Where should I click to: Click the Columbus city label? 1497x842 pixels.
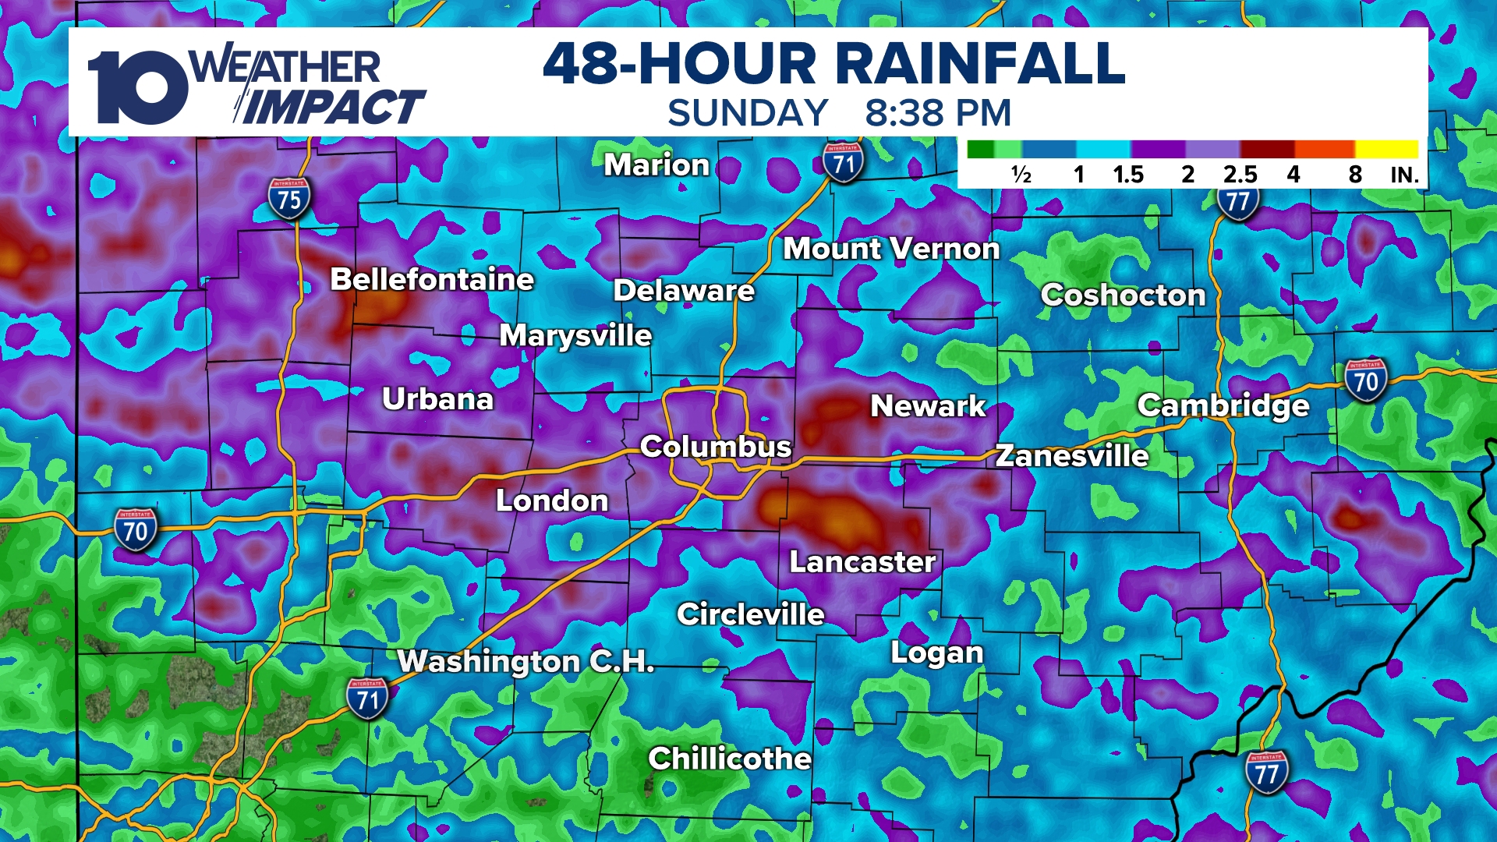pos(715,447)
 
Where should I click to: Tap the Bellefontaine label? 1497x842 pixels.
pos(432,279)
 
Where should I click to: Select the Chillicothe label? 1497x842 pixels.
pos(730,759)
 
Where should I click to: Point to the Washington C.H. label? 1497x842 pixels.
pos(526,661)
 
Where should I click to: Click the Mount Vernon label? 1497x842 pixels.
pos(891,249)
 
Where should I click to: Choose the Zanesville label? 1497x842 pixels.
pos(1072,455)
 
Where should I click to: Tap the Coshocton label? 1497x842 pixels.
pos(1123,295)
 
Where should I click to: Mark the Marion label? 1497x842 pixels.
pos(656,165)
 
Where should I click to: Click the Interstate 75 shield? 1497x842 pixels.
pos(289,199)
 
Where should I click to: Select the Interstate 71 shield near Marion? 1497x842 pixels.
pos(843,162)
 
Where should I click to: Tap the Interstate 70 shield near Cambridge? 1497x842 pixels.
pos(1366,380)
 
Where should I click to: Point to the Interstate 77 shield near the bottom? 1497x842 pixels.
pos(1266,772)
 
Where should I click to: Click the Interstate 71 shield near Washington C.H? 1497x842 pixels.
pos(367,699)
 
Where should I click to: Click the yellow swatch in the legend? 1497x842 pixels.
pos(1386,149)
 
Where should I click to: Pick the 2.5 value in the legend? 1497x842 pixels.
pos(1240,174)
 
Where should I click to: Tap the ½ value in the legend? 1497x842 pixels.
pos(1021,174)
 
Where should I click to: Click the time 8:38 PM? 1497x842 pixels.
pos(938,113)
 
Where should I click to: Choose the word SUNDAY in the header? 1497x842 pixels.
pos(748,113)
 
